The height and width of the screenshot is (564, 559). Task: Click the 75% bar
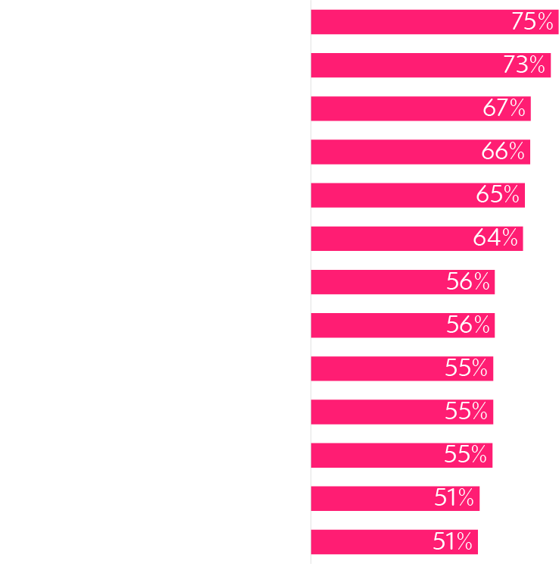click(x=409, y=22)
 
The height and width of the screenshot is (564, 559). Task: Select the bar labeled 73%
click(x=405, y=65)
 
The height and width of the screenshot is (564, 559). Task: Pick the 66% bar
click(x=394, y=152)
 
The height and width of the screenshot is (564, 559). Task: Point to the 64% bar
click(x=391, y=238)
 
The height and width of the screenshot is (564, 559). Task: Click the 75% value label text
click(x=532, y=22)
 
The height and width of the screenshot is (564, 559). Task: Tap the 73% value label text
click(x=523, y=65)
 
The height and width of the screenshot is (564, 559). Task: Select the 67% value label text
click(x=504, y=108)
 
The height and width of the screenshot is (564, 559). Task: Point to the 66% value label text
click(x=503, y=152)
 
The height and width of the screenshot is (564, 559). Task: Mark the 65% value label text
click(x=498, y=195)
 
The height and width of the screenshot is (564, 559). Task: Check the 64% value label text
click(x=495, y=238)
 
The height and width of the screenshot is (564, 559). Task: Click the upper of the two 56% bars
click(x=379, y=282)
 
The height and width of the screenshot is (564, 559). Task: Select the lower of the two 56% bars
click(x=379, y=325)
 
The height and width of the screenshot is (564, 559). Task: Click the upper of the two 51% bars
click(x=371, y=498)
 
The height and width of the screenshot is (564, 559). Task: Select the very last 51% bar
click(x=370, y=541)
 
